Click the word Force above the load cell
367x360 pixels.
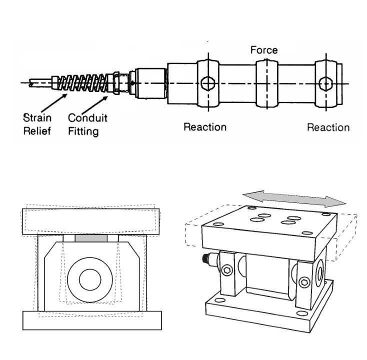(x=263, y=50)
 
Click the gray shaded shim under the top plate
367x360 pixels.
(x=91, y=238)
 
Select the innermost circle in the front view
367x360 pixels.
(x=90, y=277)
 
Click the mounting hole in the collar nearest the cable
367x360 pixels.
(x=206, y=83)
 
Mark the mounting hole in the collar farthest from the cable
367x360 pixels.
(x=326, y=83)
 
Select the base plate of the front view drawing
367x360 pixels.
(x=92, y=319)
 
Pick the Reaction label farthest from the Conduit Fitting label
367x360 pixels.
(x=328, y=127)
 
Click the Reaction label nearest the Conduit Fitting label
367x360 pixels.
(x=204, y=126)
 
